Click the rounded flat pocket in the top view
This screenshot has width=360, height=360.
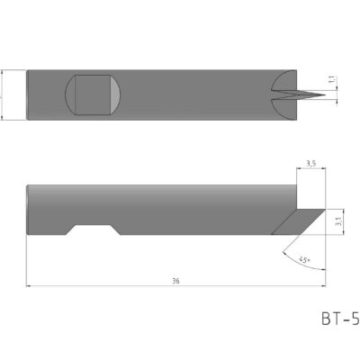click(x=94, y=94)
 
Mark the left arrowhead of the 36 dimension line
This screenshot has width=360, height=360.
click(x=30, y=286)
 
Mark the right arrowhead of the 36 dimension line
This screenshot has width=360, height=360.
click(x=320, y=286)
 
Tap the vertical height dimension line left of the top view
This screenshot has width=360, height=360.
click(x=4, y=94)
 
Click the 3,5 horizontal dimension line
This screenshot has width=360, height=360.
click(x=310, y=170)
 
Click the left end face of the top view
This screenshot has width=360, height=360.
click(x=28, y=94)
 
